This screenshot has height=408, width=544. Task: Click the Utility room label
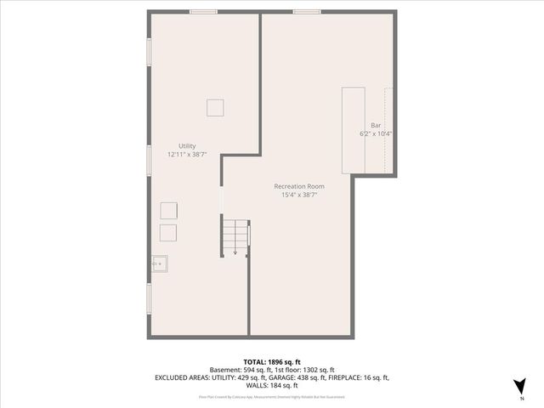pyautogui.click(x=186, y=146)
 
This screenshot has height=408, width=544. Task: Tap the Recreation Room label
pyautogui.click(x=298, y=186)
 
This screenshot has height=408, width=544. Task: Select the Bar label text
pyautogui.click(x=375, y=125)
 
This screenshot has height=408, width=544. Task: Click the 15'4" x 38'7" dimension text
pyautogui.click(x=298, y=195)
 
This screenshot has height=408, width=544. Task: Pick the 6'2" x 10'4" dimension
pyautogui.click(x=375, y=133)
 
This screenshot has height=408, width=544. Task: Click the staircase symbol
pyautogui.click(x=235, y=235)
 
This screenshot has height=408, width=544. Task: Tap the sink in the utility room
pyautogui.click(x=159, y=263)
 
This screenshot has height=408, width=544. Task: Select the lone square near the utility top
pyautogui.click(x=216, y=107)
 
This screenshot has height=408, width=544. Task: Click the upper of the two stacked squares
pyautogui.click(x=168, y=211)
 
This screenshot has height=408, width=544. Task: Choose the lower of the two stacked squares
pyautogui.click(x=168, y=232)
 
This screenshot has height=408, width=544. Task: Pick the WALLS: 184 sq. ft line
pyautogui.click(x=272, y=385)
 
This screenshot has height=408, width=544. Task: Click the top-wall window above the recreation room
pyautogui.click(x=307, y=12)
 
